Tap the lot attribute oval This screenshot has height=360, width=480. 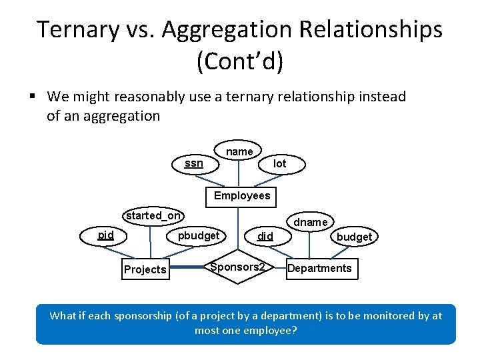click(280, 163)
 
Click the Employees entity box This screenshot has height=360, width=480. click(242, 195)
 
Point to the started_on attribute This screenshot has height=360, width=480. click(153, 215)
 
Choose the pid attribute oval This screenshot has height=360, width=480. click(105, 235)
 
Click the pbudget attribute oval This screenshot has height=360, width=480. click(198, 235)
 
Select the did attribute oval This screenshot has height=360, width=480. click(265, 236)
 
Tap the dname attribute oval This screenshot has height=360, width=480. click(310, 222)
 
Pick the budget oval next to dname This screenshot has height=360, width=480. click(354, 237)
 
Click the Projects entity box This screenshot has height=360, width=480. click(145, 269)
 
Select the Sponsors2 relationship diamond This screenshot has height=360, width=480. click(237, 267)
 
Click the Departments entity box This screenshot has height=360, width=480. click(319, 268)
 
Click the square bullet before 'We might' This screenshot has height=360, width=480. click(32, 97)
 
